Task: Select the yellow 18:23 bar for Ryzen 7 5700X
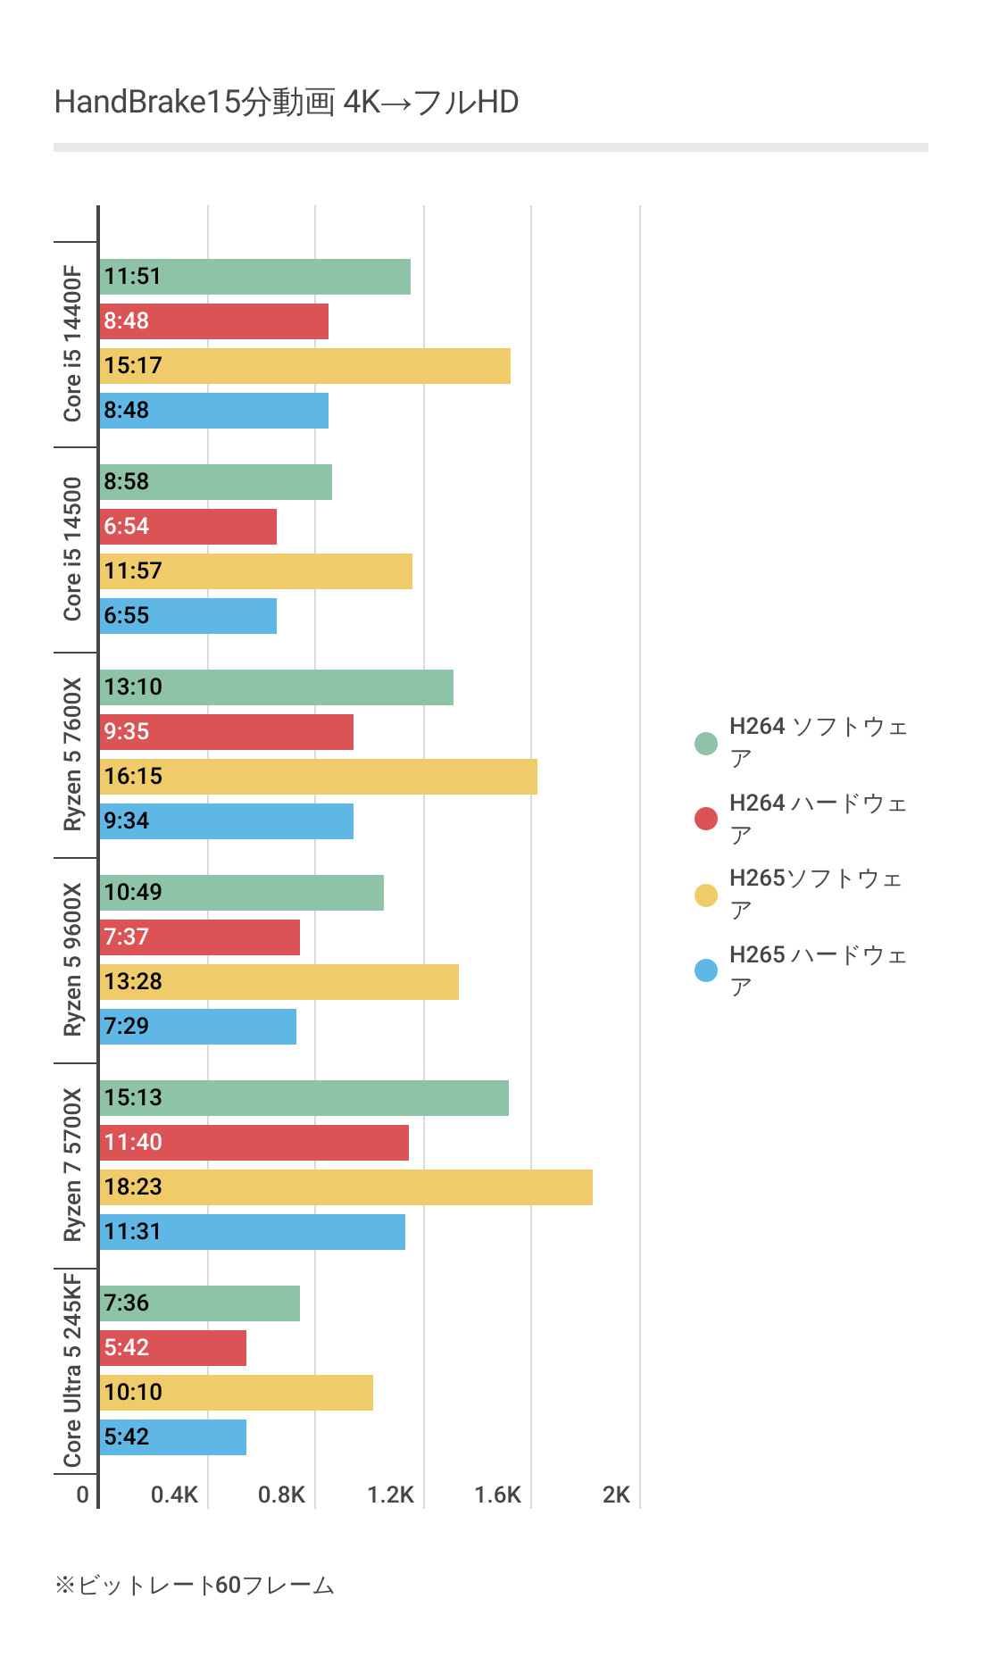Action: point(345,1187)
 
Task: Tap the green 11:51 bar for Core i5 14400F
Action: point(254,277)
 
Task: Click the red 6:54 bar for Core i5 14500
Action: point(187,527)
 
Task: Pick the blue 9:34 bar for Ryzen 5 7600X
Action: point(226,821)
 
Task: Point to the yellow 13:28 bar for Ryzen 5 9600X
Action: point(279,982)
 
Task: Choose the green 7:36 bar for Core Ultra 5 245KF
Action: point(199,1303)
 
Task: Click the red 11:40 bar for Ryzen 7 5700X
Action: point(254,1143)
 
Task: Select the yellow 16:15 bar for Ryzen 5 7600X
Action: point(318,777)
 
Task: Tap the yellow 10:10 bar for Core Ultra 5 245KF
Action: point(236,1393)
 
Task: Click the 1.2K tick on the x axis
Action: point(391,1495)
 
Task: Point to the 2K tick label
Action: point(616,1495)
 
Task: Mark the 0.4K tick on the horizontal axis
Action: point(174,1495)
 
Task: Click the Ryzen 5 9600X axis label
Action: point(72,960)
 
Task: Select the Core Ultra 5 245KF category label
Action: point(72,1370)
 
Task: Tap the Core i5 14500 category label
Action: point(72,549)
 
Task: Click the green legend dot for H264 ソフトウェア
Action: point(706,743)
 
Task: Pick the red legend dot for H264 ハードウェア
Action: point(706,819)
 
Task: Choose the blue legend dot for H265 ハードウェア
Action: point(706,970)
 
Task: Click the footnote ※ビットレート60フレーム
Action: point(195,1586)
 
